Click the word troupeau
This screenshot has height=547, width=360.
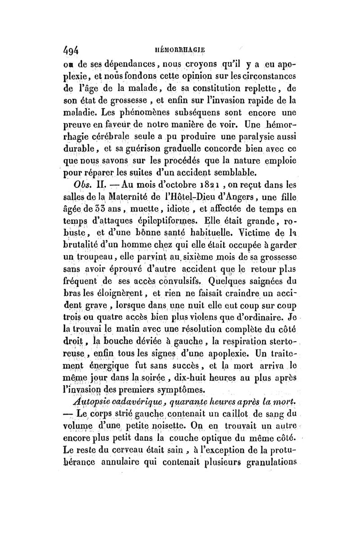pyautogui.click(x=97, y=258)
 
